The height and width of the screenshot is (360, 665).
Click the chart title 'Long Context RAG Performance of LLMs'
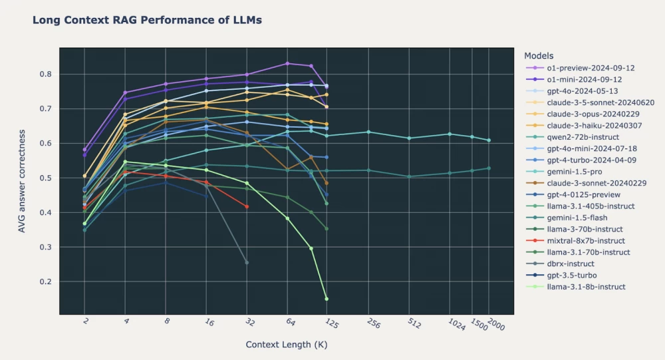[147, 21]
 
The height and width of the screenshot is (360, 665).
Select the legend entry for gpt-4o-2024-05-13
[573, 90]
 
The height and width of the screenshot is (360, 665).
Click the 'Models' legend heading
[539, 55]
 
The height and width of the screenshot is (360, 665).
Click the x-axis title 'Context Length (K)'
[286, 345]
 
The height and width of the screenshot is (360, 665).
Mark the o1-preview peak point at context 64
[287, 63]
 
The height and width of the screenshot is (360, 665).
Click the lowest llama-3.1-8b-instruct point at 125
[327, 299]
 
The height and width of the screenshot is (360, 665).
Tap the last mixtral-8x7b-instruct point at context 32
[247, 207]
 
